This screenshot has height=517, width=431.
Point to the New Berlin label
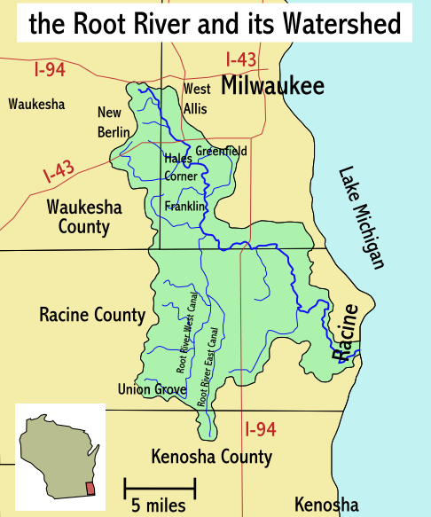pyautogui.click(x=109, y=122)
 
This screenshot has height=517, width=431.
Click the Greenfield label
pyautogui.click(x=221, y=151)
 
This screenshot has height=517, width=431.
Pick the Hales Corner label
pyautogui.click(x=181, y=167)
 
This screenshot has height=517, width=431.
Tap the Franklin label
pyautogui.click(x=184, y=207)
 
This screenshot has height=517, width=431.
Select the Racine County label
pyautogui.click(x=92, y=315)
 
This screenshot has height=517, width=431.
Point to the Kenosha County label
pyautogui.click(x=211, y=458)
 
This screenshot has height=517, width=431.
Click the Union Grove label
pyautogui.click(x=152, y=389)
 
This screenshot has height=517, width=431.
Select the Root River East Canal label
pyautogui.click(x=208, y=366)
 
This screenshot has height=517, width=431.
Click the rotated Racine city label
pyautogui.click(x=347, y=332)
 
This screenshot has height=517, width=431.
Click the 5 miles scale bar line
pyautogui.click(x=160, y=487)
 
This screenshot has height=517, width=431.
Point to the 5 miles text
pyautogui.click(x=159, y=505)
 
